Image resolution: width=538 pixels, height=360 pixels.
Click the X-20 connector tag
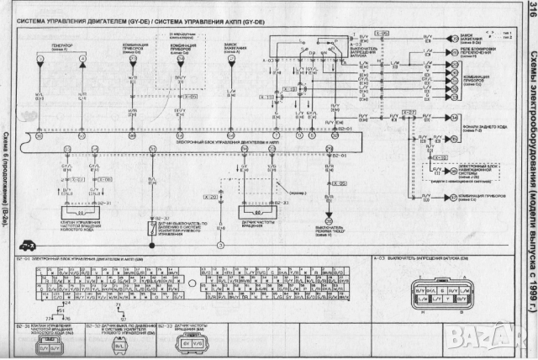[x=209, y=195]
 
